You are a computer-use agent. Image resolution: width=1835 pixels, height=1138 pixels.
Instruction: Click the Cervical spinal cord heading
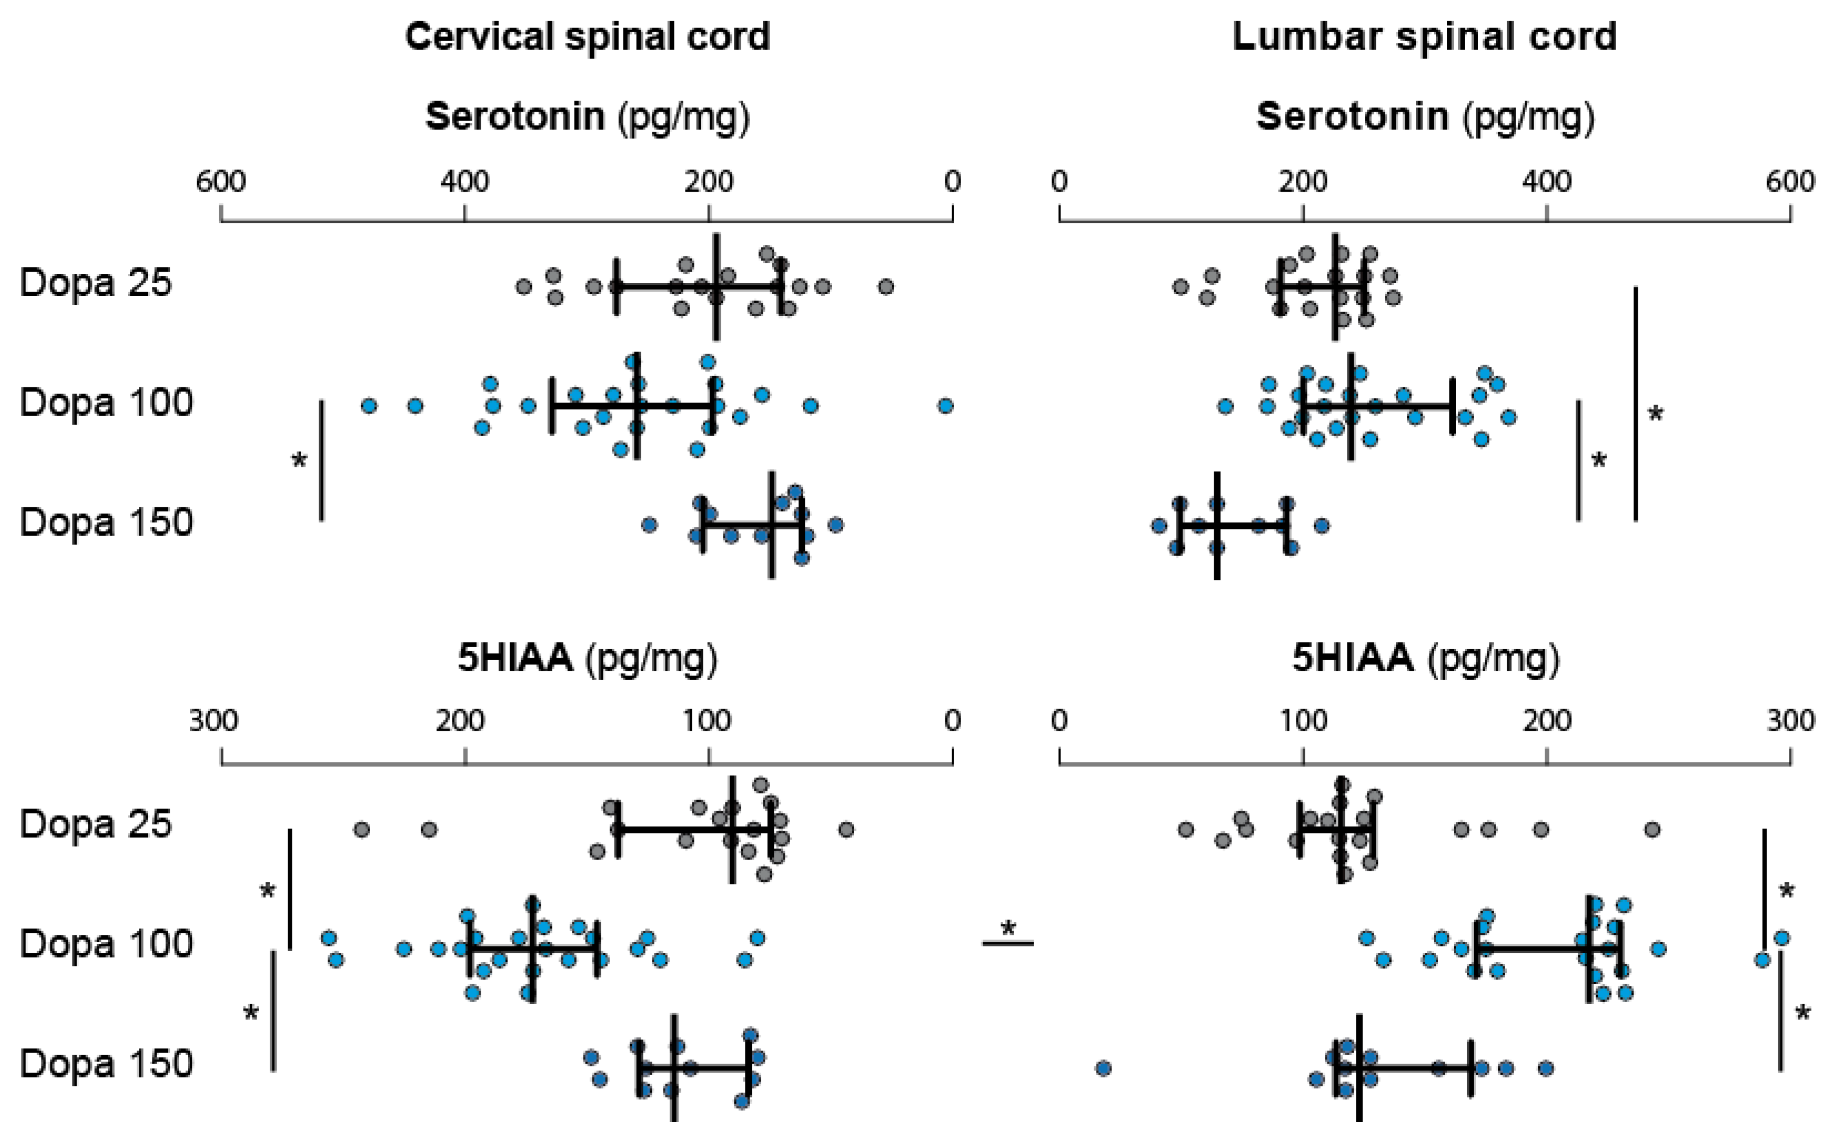click(587, 36)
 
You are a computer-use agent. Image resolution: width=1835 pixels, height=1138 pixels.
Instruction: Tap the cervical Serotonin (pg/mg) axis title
click(587, 117)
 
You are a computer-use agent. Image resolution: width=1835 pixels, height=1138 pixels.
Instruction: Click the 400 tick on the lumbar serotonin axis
click(1546, 182)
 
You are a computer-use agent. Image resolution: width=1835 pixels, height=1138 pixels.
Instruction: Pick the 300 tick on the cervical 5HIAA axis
click(214, 721)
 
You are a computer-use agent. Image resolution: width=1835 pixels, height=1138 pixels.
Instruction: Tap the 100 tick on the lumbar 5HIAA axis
click(1303, 721)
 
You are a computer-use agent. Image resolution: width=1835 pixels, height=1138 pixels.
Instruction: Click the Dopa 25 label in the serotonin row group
click(96, 283)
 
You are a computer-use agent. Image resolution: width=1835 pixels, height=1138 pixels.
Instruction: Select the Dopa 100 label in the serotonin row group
click(106, 403)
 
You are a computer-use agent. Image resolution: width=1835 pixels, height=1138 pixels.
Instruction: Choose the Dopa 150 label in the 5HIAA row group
click(106, 1064)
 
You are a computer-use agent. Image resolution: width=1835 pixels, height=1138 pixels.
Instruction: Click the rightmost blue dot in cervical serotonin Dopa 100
click(945, 406)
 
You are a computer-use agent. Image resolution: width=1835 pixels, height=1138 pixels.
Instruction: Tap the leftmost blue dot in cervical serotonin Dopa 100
click(369, 406)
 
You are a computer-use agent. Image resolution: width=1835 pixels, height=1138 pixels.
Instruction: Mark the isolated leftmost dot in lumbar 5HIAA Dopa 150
click(1104, 1068)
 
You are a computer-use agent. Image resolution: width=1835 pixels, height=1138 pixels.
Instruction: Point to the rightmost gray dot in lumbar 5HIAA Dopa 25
click(1652, 830)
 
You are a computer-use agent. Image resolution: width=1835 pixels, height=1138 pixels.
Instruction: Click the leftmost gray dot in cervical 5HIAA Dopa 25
click(361, 830)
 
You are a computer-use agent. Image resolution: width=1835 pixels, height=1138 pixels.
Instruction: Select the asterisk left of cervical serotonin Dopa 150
click(300, 460)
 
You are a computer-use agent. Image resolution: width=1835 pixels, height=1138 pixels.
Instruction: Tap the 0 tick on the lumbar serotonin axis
click(1059, 182)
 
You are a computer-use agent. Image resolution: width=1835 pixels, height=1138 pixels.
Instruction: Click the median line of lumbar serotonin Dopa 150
click(1217, 525)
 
